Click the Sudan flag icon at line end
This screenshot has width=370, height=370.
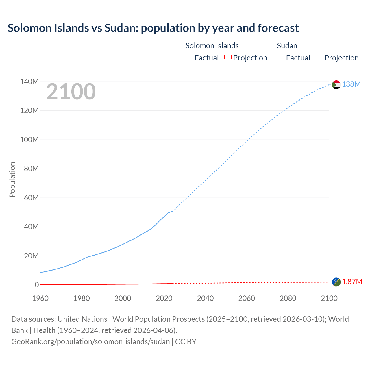coord(336,85)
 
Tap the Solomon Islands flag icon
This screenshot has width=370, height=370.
coord(336,282)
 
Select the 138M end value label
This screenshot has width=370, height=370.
coord(351,84)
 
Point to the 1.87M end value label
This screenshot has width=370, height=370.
coord(352,282)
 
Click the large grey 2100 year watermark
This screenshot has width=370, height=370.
coord(71,92)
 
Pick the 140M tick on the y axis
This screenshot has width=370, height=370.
coord(29,82)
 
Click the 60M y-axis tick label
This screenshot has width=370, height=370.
coord(31,198)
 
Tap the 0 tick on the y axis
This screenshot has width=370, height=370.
coord(36,285)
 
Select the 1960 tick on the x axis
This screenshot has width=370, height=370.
coord(40,298)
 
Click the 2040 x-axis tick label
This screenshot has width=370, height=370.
coord(205,298)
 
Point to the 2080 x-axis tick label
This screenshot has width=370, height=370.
coord(288,298)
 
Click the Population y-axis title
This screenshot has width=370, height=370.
coord(12,180)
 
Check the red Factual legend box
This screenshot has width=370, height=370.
coord(189,58)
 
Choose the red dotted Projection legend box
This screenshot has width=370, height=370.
coord(228,58)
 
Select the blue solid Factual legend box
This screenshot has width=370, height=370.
coord(281,58)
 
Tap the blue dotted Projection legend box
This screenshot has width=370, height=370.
coord(319,58)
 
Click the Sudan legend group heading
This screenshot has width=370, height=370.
coord(287,46)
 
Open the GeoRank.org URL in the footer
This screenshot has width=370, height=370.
coord(90,342)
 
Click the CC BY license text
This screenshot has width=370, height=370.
coord(186,342)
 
